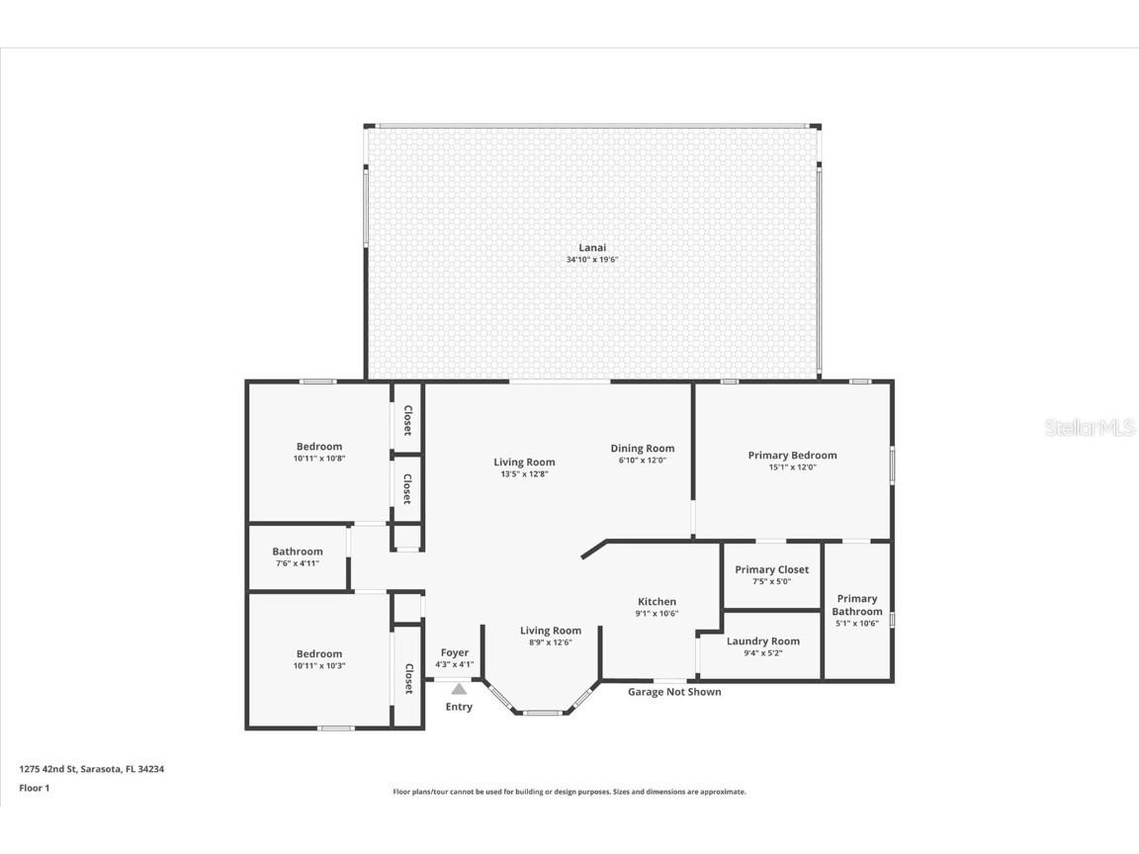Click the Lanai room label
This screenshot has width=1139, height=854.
click(x=592, y=247)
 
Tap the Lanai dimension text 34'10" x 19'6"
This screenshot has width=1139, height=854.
click(x=592, y=260)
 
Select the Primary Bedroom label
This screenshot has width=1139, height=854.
click(x=792, y=455)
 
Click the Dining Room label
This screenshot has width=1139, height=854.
click(x=642, y=448)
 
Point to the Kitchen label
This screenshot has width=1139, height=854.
click(x=657, y=601)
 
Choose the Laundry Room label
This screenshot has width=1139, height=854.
click(x=762, y=640)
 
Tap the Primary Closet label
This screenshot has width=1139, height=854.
click(x=771, y=569)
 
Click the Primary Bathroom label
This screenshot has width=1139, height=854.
click(x=856, y=605)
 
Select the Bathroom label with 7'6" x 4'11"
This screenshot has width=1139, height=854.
click(x=298, y=552)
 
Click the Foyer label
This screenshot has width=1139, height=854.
click(x=455, y=652)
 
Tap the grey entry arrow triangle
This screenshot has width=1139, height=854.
click(x=459, y=689)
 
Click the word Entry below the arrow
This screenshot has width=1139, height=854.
click(x=459, y=707)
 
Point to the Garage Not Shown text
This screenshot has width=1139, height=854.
click(x=674, y=692)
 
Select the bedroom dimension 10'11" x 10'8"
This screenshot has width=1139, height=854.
click(x=318, y=459)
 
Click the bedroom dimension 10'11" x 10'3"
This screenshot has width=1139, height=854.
click(x=318, y=666)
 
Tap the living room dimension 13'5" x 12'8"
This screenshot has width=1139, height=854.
click(x=524, y=473)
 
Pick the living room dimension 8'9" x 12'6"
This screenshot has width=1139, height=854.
click(x=551, y=642)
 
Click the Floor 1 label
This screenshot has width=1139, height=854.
click(x=34, y=788)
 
